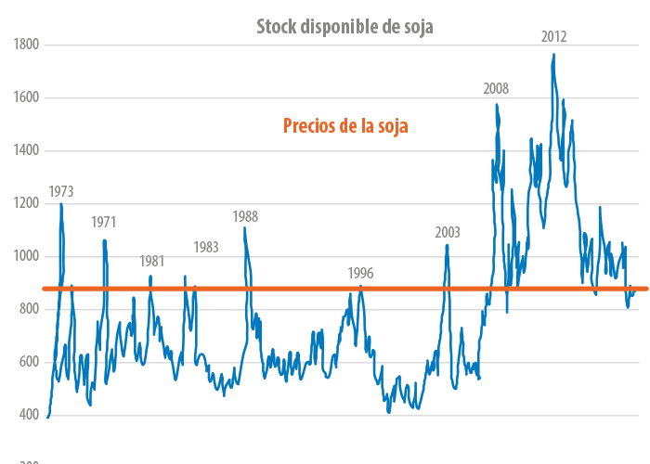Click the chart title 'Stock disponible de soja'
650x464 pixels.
tap(344, 27)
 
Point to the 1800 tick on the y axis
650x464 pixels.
tap(26, 45)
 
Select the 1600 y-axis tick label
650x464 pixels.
tap(26, 97)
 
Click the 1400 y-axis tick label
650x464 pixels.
tap(26, 150)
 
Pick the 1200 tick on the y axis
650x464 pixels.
tap(26, 203)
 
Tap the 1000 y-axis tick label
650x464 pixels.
tap(26, 256)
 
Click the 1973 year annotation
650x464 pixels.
tap(61, 192)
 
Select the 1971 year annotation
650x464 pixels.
tap(103, 223)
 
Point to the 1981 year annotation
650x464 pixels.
tap(152, 262)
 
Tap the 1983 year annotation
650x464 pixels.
tap(206, 247)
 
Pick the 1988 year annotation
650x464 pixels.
tap(245, 217)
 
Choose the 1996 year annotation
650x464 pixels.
tap(360, 273)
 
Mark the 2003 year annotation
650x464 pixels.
tap(448, 232)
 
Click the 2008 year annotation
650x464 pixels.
tap(496, 89)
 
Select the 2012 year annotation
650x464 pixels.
tap(554, 37)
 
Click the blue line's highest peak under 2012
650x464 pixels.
tap(553, 55)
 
